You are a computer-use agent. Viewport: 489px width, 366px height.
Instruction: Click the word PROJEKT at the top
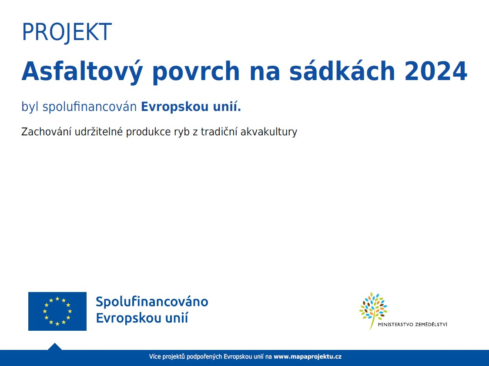pos(67,32)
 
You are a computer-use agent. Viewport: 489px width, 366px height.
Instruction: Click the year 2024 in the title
pos(435,71)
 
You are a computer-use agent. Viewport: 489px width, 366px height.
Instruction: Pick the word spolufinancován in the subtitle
pos(90,107)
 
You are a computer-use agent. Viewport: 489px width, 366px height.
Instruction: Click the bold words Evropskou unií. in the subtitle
pos(191,107)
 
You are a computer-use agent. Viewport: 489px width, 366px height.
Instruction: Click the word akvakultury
pos(269,132)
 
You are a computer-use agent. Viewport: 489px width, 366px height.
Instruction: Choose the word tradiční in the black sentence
pos(219,132)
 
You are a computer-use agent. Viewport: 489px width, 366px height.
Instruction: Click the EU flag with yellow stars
pos(57,311)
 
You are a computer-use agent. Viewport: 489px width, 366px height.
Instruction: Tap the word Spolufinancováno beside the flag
pos(152,302)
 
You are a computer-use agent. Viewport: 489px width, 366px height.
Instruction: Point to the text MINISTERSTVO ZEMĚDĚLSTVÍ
pos(412,324)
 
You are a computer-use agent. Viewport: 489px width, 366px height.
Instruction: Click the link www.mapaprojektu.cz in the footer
pos(308,356)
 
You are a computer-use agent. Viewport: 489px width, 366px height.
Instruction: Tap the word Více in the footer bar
pos(155,356)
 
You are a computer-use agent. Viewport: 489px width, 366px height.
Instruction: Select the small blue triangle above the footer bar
pos(54,347)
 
